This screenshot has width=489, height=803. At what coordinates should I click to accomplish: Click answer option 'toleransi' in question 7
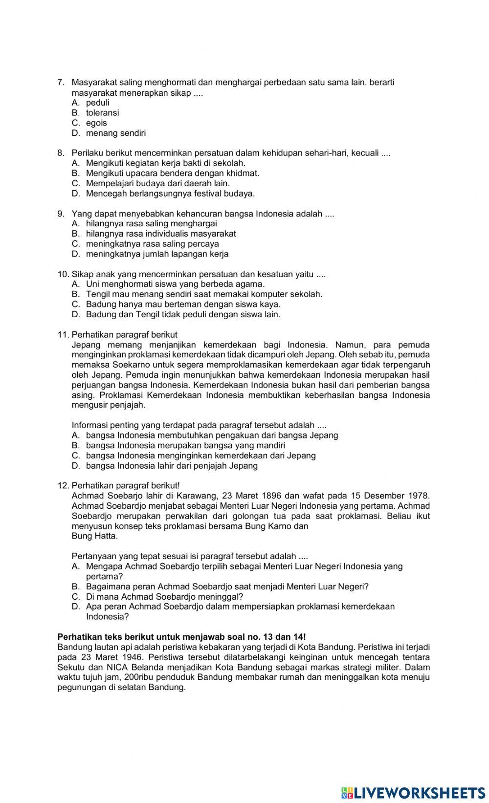coord(102,113)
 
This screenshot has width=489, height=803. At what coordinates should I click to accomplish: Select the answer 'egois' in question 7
coord(96,123)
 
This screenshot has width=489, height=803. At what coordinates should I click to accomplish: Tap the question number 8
coord(61,153)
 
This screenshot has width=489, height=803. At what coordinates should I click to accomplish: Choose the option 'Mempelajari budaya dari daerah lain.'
coord(157,183)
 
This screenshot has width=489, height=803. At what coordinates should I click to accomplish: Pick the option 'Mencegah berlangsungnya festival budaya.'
coord(170,194)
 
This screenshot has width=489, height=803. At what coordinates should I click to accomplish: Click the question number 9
coord(61,214)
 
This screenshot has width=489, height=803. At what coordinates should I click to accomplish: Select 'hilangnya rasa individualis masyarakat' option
coord(161,234)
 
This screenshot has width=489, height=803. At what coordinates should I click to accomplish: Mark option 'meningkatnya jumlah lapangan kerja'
coord(157,254)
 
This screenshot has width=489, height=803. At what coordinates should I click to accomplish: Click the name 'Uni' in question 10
coord(92,284)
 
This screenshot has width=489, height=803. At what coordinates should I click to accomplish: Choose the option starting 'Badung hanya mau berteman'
coord(183,304)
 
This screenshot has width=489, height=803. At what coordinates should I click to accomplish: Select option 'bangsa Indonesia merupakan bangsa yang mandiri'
coord(185,445)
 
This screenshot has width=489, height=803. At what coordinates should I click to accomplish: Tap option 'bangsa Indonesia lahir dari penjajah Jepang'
coord(172,466)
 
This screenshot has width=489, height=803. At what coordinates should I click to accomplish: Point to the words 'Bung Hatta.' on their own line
coord(94,536)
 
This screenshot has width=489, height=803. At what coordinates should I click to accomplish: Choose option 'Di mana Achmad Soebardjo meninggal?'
coord(164,597)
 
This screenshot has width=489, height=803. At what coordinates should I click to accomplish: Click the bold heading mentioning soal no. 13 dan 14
coord(182,637)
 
